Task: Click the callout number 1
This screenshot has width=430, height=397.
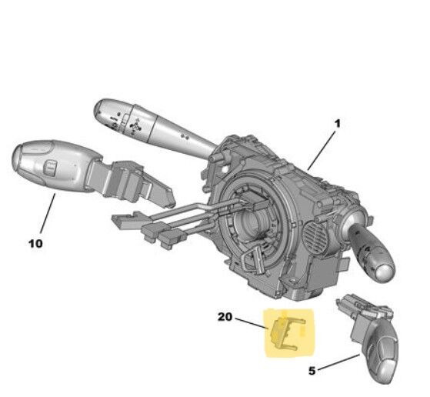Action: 338,123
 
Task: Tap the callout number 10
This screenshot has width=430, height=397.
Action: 35,243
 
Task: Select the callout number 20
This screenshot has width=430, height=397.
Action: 225,317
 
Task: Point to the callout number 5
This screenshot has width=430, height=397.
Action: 312,371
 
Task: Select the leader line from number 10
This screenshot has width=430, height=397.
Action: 48,213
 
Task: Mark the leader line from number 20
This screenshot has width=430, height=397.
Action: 252,323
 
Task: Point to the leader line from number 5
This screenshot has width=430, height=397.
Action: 339,362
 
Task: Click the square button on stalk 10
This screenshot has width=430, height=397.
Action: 51,168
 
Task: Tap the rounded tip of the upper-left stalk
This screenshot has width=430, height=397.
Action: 99,110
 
